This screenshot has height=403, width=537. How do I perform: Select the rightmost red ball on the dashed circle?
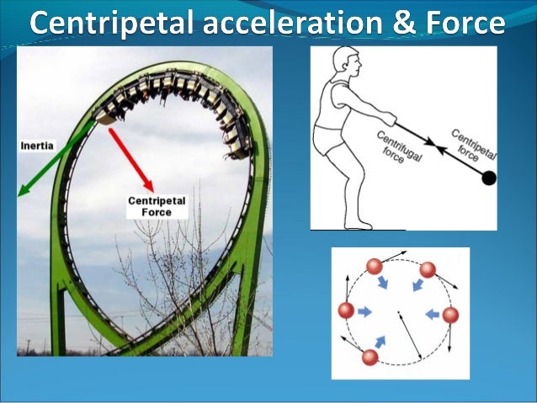click(x=450, y=315)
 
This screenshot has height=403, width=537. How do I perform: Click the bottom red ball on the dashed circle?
click(x=369, y=357)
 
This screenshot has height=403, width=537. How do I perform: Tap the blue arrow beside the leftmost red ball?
click(x=365, y=311)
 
